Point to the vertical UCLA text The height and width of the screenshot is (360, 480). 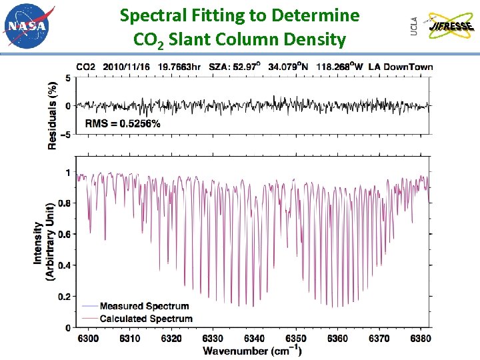[415, 26]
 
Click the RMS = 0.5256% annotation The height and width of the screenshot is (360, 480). [123, 123]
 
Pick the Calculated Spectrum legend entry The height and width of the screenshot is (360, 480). [145, 319]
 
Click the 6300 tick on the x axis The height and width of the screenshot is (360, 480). [88, 339]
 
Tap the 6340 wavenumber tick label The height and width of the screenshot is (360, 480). [254, 339]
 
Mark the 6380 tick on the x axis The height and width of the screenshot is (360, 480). [420, 339]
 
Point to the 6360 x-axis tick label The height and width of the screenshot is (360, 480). [337, 339]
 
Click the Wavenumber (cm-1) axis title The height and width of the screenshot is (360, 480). [252, 351]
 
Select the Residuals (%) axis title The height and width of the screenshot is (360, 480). [53, 107]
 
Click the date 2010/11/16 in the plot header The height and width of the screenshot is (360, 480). [128, 67]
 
